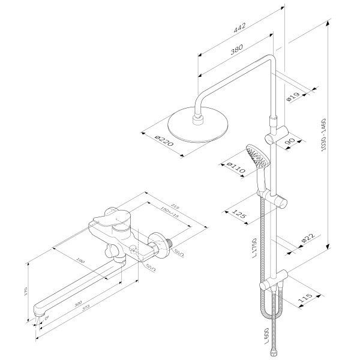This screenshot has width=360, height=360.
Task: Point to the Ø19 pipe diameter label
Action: pos(293,96)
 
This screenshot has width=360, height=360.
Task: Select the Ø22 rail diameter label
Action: pos(307,238)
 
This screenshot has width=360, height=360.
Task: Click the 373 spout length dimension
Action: pos(91,310)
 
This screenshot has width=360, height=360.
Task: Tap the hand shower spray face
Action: pos(257,156)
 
